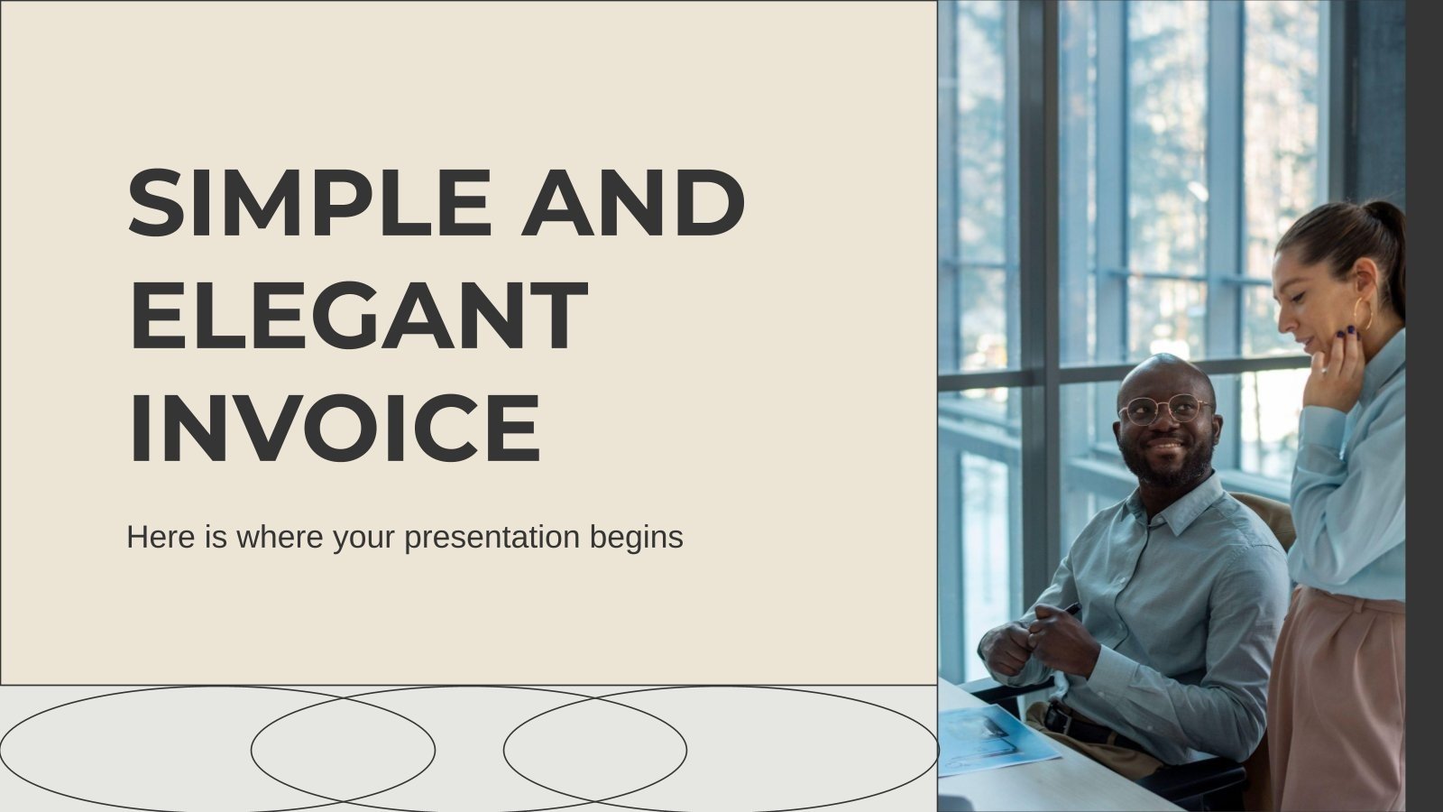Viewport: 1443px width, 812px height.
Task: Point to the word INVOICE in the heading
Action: click(x=335, y=426)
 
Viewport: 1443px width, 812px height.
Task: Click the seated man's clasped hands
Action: click(x=1037, y=636)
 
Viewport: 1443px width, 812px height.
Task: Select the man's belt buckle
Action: click(x=1053, y=720)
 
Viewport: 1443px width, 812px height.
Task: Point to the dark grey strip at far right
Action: click(x=1424, y=406)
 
